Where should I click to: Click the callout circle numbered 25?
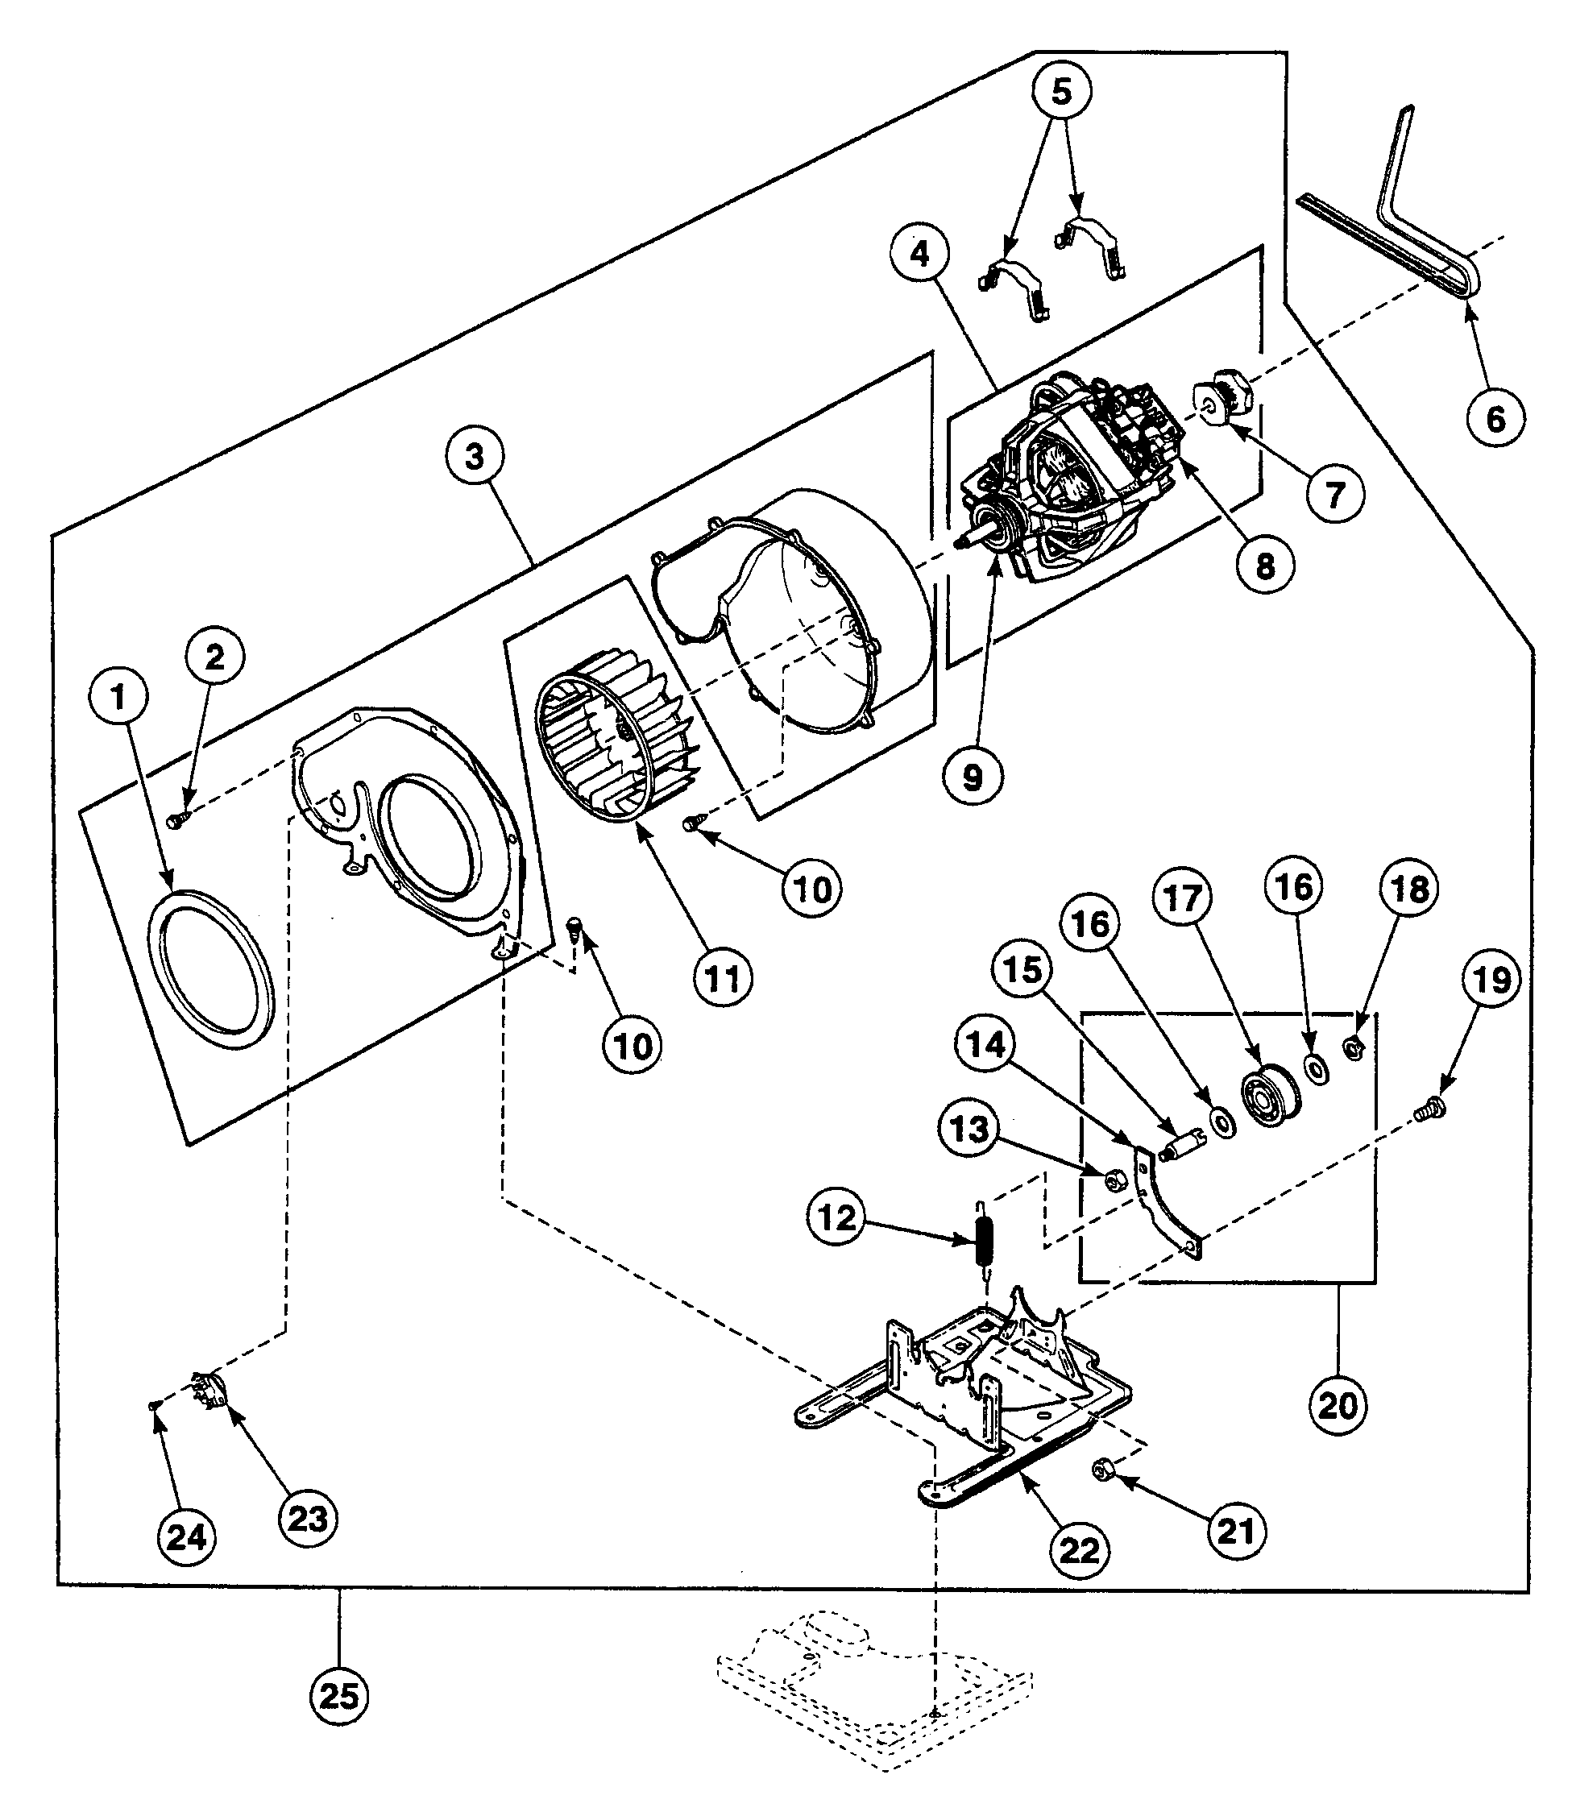pyautogui.click(x=339, y=1695)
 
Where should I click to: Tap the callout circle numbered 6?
pyautogui.click(x=1495, y=418)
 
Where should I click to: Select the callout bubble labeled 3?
pyautogui.click(x=475, y=456)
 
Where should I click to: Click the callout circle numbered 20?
pyautogui.click(x=1338, y=1405)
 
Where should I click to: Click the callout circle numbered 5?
pyautogui.click(x=1061, y=91)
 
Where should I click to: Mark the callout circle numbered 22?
pyautogui.click(x=1078, y=1550)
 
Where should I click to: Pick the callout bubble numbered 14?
pyautogui.click(x=986, y=1043)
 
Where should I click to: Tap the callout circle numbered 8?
pyautogui.click(x=1265, y=566)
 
